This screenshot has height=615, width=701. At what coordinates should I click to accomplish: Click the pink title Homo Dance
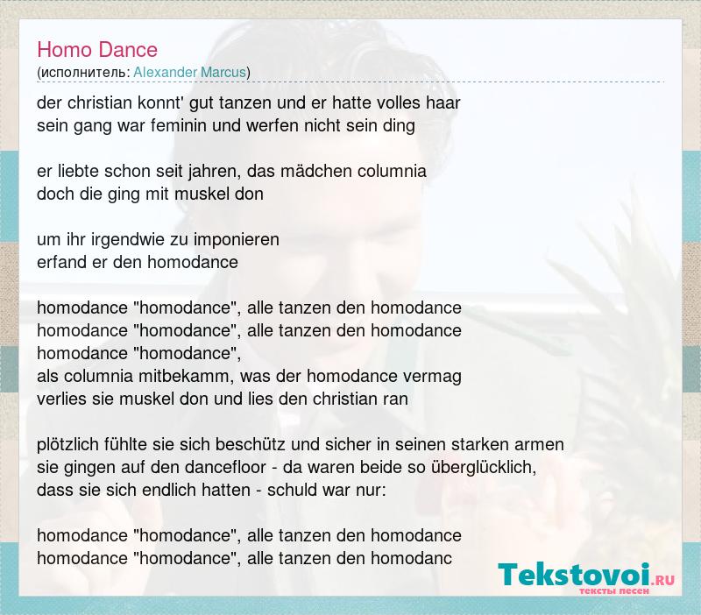tap(97, 49)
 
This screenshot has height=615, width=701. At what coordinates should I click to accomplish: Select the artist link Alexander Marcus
tap(190, 73)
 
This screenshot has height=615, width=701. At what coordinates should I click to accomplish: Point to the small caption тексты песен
tap(614, 590)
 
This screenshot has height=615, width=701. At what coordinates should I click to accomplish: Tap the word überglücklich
tap(484, 468)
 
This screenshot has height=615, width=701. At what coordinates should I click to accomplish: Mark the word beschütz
tap(251, 445)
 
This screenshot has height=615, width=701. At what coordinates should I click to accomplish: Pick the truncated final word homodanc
tap(411, 558)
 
